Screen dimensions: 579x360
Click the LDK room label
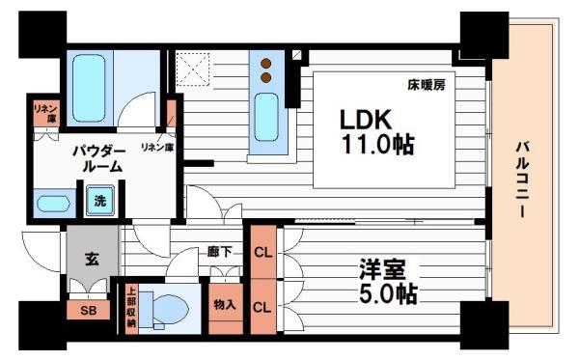pyautogui.click(x=366, y=120)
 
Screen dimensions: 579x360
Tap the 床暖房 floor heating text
pyautogui.click(x=427, y=85)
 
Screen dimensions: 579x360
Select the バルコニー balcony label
pyautogui.click(x=522, y=180)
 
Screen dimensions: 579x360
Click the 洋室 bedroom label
pyautogui.click(x=383, y=269)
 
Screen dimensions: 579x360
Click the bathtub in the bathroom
pyautogui.click(x=89, y=88)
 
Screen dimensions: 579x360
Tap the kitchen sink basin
pyautogui.click(x=266, y=117)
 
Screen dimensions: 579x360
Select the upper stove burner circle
pyautogui.click(x=266, y=64)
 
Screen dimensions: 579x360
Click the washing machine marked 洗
pyautogui.click(x=100, y=201)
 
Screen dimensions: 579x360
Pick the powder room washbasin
pyautogui.click(x=53, y=204)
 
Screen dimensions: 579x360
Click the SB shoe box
pyautogui.click(x=88, y=310)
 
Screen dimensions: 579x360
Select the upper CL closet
pyautogui.click(x=263, y=252)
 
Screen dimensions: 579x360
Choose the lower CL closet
pyautogui.click(x=263, y=307)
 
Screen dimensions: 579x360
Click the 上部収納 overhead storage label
pyautogui.click(x=131, y=307)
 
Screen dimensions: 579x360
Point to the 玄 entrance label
pyautogui.click(x=92, y=259)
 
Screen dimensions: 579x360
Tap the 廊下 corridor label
pyautogui.click(x=219, y=252)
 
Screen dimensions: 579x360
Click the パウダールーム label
pyautogui.click(x=98, y=159)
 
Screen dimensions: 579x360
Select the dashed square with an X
pyautogui.click(x=193, y=69)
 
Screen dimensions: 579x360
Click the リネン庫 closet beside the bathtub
pyautogui.click(x=46, y=113)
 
